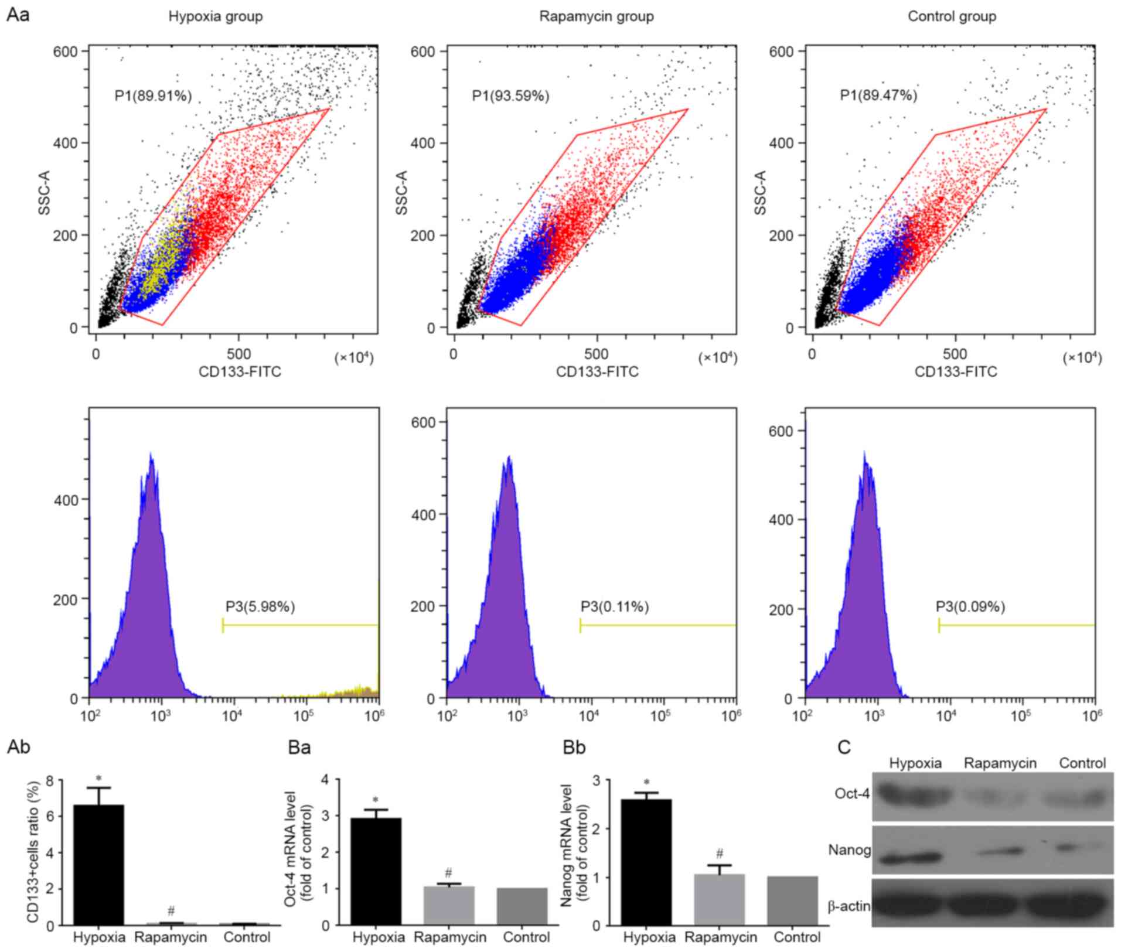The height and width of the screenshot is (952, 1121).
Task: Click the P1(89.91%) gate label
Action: click(153, 95)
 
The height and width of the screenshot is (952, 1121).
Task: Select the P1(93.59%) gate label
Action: click(510, 95)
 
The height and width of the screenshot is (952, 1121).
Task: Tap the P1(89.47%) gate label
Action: click(878, 95)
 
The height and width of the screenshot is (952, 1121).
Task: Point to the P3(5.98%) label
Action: click(260, 606)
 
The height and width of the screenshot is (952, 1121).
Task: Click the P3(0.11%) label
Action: click(615, 606)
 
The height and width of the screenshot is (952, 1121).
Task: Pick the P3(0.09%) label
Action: click(970, 606)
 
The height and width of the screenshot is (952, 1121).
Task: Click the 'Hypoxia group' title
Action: click(215, 16)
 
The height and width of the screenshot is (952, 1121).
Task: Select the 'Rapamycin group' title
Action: click(596, 16)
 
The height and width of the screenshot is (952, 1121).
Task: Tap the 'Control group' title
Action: click(952, 16)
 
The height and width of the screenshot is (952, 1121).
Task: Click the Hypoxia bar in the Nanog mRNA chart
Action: click(646, 862)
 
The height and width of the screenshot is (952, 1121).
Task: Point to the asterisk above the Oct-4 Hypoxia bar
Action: click(375, 800)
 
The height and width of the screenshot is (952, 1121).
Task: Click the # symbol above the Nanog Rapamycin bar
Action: click(720, 854)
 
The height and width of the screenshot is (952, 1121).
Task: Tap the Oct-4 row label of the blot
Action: click(852, 794)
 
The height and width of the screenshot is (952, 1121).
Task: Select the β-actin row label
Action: click(849, 906)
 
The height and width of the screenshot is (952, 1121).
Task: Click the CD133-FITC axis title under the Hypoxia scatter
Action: click(240, 371)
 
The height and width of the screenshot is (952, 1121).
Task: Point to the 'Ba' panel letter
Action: click(299, 748)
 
